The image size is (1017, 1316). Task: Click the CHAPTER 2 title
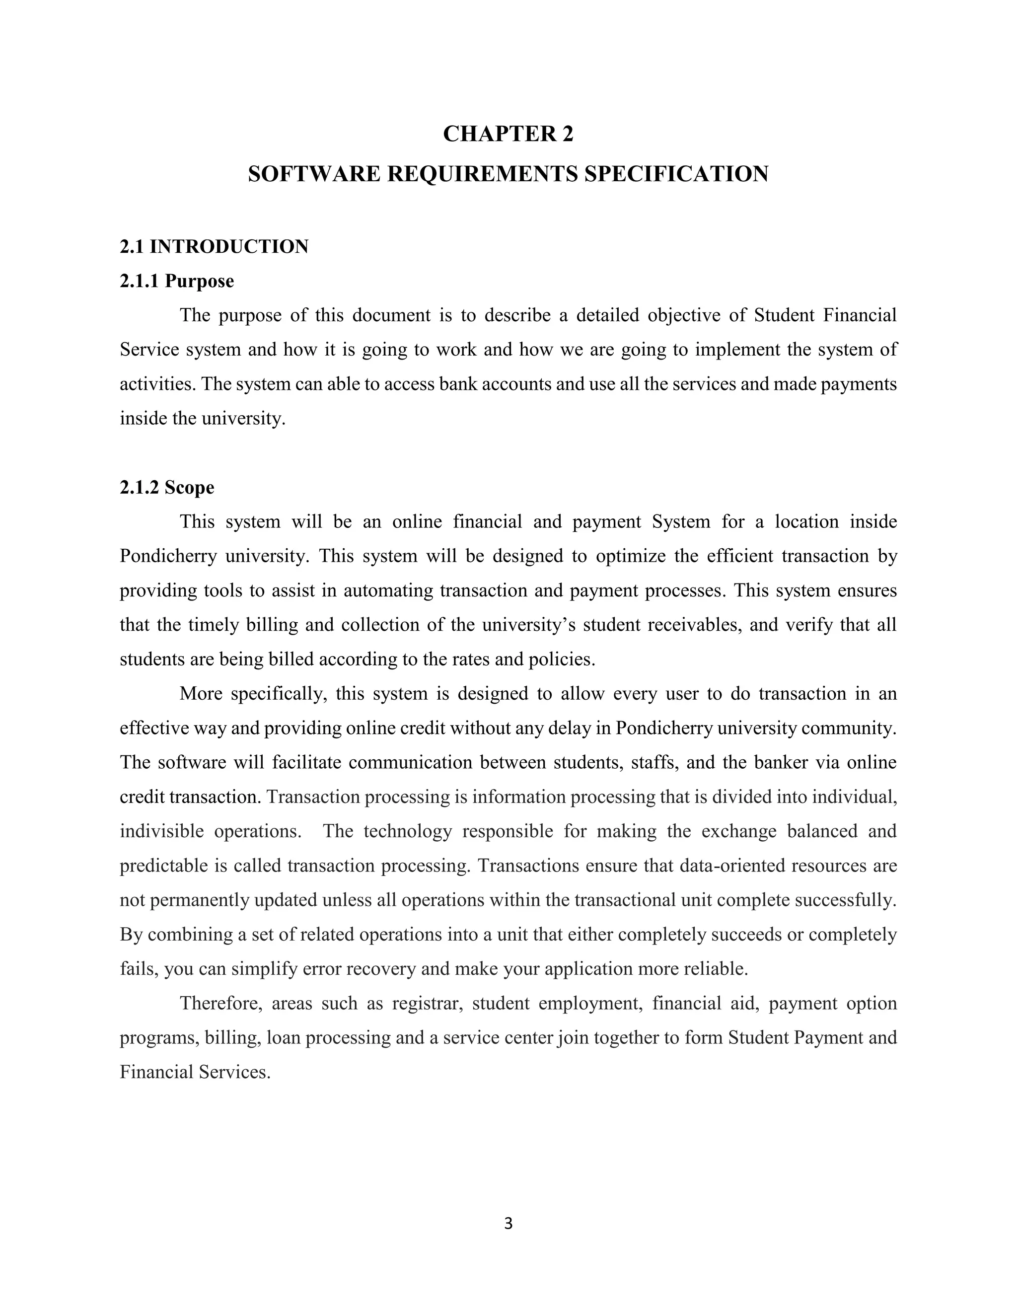pos(508,134)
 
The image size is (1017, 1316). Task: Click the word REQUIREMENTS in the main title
pos(482,174)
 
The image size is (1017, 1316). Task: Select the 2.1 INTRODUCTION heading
pos(214,246)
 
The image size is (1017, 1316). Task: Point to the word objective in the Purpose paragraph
pos(684,315)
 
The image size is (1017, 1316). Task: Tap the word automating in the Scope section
pos(388,590)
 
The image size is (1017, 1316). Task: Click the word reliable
pos(716,968)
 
